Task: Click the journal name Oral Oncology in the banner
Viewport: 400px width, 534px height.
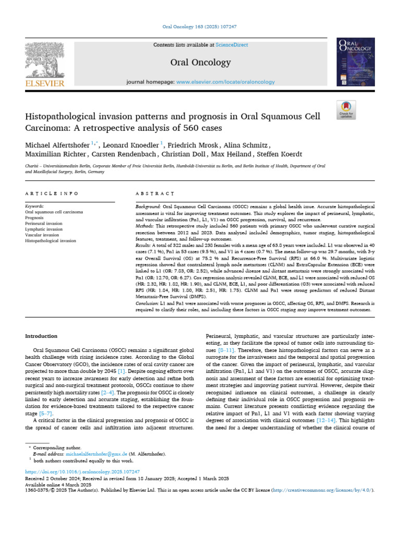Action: (x=201, y=63)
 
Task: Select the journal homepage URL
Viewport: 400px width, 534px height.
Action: (x=226, y=82)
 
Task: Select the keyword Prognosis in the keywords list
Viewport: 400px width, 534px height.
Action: (x=34, y=218)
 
